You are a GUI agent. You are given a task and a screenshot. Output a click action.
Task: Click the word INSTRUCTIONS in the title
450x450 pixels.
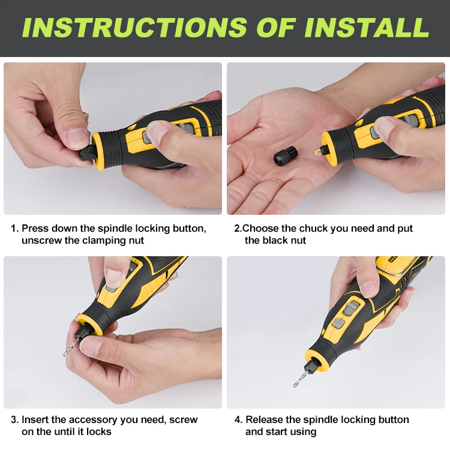pyautogui.click(x=135, y=27)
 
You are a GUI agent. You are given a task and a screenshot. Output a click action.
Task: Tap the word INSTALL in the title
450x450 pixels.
pyautogui.click(x=367, y=27)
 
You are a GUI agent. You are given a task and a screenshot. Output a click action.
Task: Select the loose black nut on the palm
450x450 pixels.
pyautogui.click(x=284, y=157)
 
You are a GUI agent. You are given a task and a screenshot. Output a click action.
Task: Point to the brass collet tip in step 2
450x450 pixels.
pyautogui.click(x=318, y=152)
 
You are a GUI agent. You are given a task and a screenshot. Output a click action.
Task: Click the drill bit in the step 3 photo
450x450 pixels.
pyautogui.click(x=71, y=346)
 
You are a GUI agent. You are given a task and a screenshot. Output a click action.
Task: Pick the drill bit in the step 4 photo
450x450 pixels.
pyautogui.click(x=300, y=379)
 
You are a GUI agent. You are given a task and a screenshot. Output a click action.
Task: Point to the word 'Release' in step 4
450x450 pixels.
pyautogui.click(x=265, y=419)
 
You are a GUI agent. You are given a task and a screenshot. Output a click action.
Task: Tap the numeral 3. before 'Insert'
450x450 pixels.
pyautogui.click(x=14, y=419)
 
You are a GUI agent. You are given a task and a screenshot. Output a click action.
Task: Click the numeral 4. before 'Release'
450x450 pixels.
pyautogui.click(x=238, y=419)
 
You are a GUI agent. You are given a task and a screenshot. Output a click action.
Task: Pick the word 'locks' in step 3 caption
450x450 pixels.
pyautogui.click(x=99, y=431)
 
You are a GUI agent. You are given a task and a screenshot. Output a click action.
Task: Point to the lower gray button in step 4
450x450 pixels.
pyautogui.click(x=338, y=323)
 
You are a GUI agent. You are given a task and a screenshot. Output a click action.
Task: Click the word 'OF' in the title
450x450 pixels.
pyautogui.click(x=276, y=27)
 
